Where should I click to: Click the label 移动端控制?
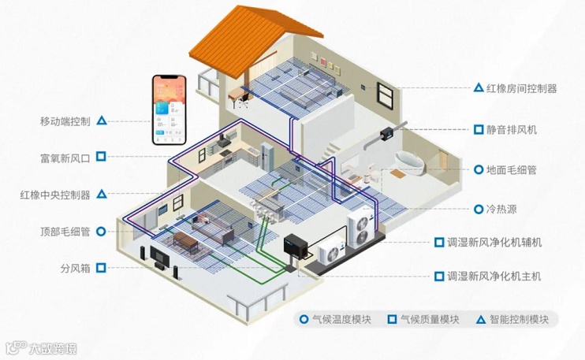coord(65,121)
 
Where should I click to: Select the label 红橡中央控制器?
coord(55,194)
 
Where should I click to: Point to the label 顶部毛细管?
coord(65,232)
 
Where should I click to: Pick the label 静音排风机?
coord(516,128)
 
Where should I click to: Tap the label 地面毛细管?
coord(516,169)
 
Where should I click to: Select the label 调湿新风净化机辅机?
coord(494,243)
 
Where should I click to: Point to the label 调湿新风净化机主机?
coord(494,276)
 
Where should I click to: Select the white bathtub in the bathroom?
coord(408,163)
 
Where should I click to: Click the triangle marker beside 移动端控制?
coord(101,121)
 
